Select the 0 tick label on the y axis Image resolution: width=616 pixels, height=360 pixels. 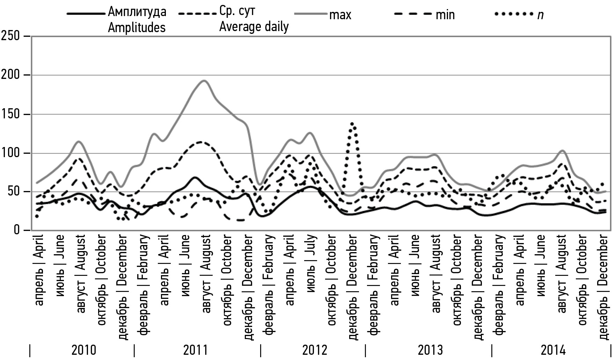(17, 230)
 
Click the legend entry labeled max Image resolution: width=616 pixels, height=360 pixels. (340, 15)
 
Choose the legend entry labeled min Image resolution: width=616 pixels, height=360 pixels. (445, 15)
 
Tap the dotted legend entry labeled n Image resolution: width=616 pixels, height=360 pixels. (540, 15)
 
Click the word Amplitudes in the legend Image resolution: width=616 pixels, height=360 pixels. (137, 27)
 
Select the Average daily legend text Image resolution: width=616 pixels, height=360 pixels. (254, 27)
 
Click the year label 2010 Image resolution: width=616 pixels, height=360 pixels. (84, 350)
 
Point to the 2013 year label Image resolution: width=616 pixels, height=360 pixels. (430, 350)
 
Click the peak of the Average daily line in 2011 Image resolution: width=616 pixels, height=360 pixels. (201, 142)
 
